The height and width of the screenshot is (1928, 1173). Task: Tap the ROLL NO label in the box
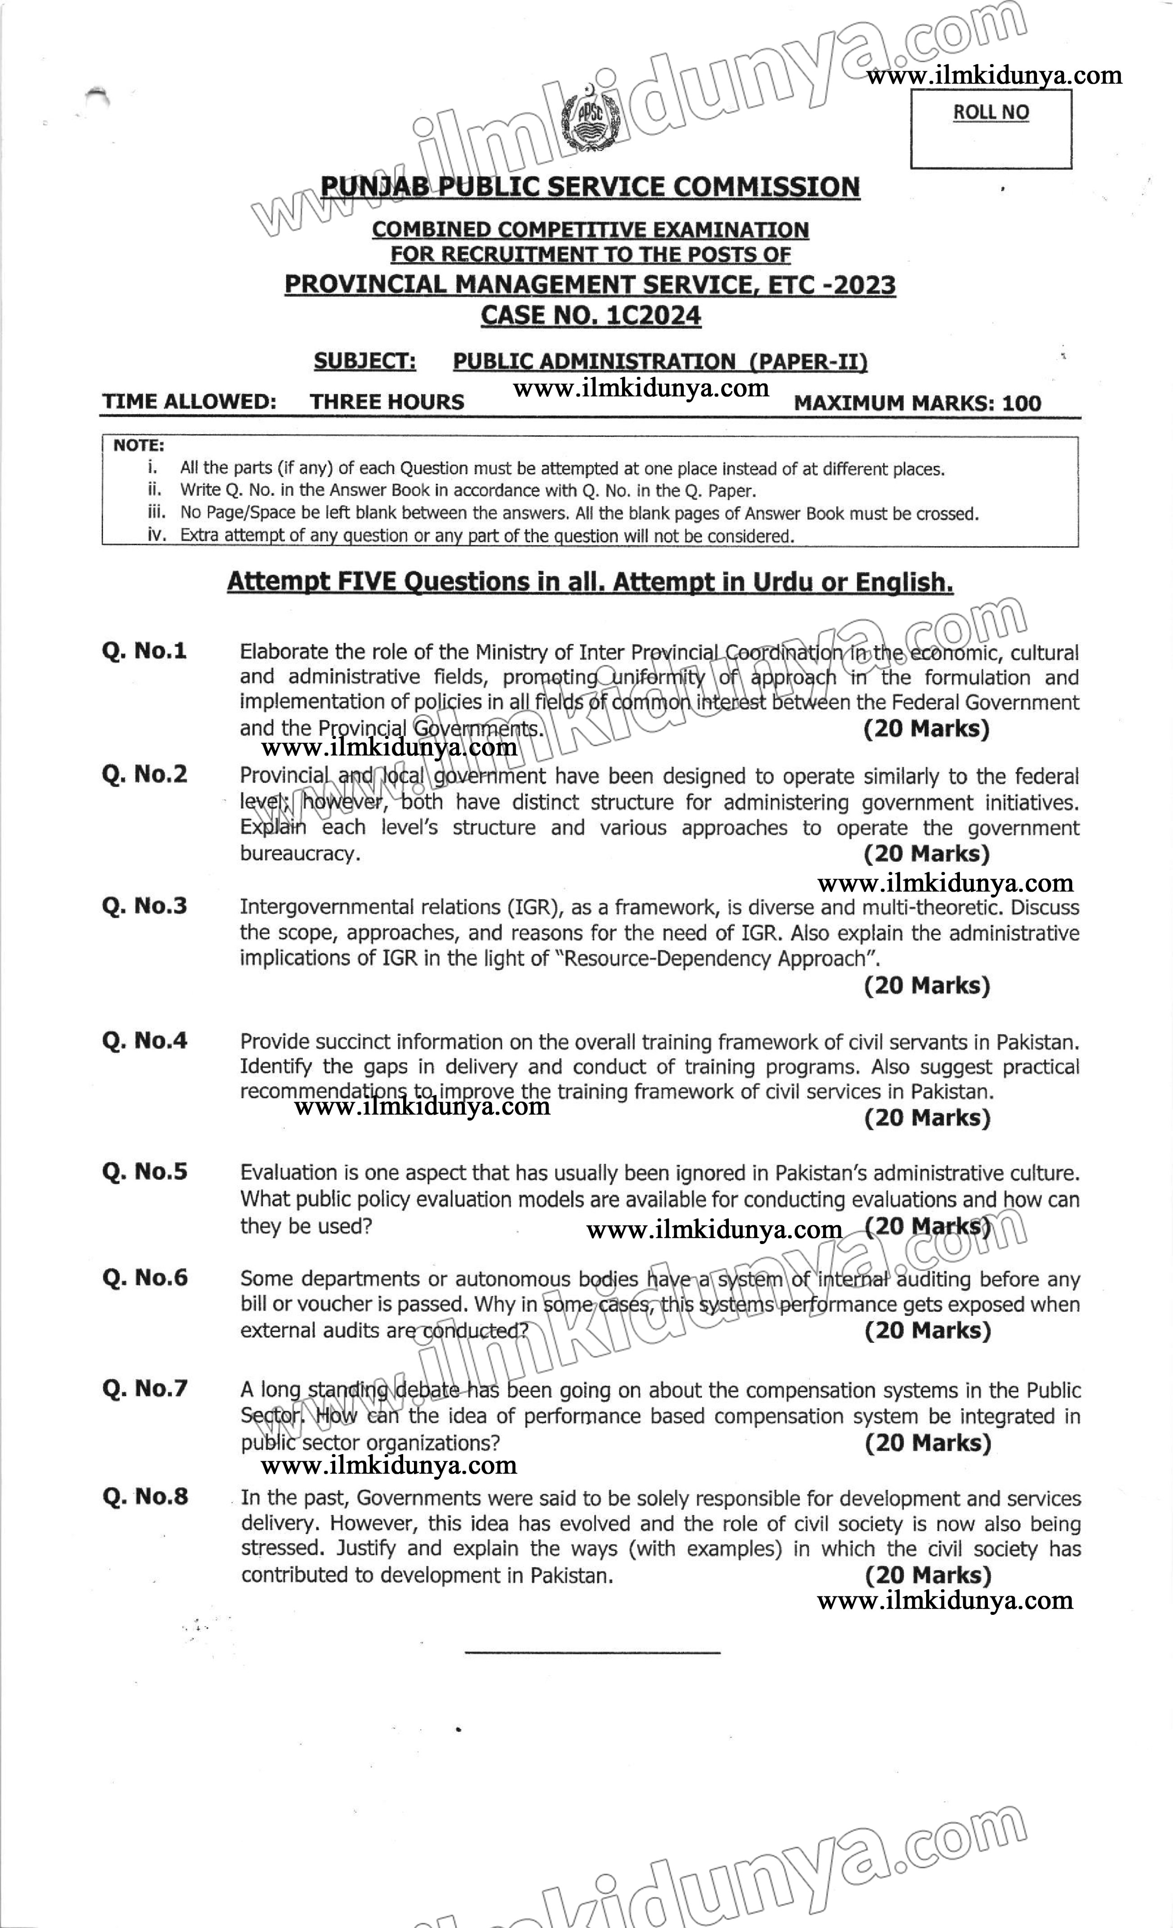[x=991, y=113]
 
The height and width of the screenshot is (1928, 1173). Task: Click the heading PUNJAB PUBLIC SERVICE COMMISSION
[x=591, y=187]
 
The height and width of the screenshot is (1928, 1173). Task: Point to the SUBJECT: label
[x=365, y=361]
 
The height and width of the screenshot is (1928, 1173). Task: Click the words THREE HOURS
[x=386, y=402]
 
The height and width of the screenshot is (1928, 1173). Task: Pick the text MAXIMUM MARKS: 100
[x=917, y=404]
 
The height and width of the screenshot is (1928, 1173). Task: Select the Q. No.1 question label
[x=145, y=651]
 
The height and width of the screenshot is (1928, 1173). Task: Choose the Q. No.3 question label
[x=145, y=906]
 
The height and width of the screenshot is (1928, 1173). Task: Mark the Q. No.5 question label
[x=145, y=1171]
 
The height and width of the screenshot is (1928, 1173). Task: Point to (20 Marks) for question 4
[x=927, y=1118]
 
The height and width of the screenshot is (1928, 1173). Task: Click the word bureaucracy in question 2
[x=300, y=854]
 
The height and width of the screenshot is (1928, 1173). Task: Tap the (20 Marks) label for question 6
[x=927, y=1331]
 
